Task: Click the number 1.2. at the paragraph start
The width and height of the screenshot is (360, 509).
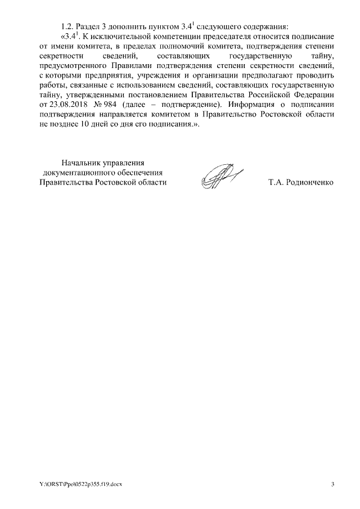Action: (67, 26)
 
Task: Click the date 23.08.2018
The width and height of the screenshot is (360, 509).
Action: (71, 107)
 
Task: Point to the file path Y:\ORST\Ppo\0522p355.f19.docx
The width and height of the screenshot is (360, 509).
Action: (80, 484)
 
